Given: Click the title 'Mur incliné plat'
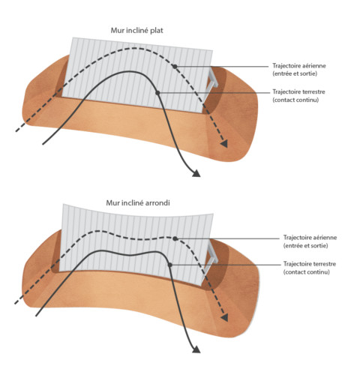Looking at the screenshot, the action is (136, 31).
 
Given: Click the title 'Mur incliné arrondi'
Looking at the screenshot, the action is (138, 202).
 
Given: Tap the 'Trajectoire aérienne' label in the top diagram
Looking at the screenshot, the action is (299, 66).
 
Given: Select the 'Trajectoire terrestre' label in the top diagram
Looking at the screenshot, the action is (298, 91).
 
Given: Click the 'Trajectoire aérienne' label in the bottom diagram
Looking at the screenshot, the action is (310, 237).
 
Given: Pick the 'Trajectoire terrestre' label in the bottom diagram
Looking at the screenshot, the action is (310, 264).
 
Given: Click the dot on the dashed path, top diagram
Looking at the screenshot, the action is (175, 67).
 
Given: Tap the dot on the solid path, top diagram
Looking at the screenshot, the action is (157, 93).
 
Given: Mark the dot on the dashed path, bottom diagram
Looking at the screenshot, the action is (175, 238).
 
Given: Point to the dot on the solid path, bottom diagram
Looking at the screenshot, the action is (170, 265).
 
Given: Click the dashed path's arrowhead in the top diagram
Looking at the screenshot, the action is (224, 144).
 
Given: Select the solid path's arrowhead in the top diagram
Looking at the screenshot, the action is (196, 173).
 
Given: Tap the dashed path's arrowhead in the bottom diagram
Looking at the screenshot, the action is (224, 318).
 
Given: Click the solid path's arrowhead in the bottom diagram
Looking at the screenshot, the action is (196, 349).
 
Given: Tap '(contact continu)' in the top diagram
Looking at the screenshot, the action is (295, 100).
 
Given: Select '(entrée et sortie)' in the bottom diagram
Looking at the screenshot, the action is (305, 245).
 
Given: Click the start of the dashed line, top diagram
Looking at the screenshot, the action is (16, 131).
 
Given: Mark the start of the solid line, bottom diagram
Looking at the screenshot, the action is (36, 316).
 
